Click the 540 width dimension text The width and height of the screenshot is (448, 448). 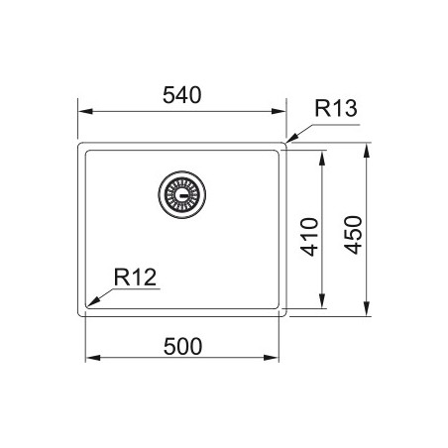tap(181, 95)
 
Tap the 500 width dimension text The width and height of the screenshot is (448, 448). tap(182, 347)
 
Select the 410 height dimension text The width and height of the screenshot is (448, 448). tap(309, 237)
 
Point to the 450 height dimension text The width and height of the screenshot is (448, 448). tap(353, 235)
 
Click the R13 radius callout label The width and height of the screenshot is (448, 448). tap(336, 108)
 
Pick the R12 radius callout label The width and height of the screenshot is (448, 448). tap(135, 278)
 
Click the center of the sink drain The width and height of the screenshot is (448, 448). tap(182, 194)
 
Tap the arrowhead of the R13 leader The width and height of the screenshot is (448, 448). tap(292, 139)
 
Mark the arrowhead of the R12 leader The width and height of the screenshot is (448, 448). tap(93, 301)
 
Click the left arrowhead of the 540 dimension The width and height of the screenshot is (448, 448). tap(85, 111)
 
